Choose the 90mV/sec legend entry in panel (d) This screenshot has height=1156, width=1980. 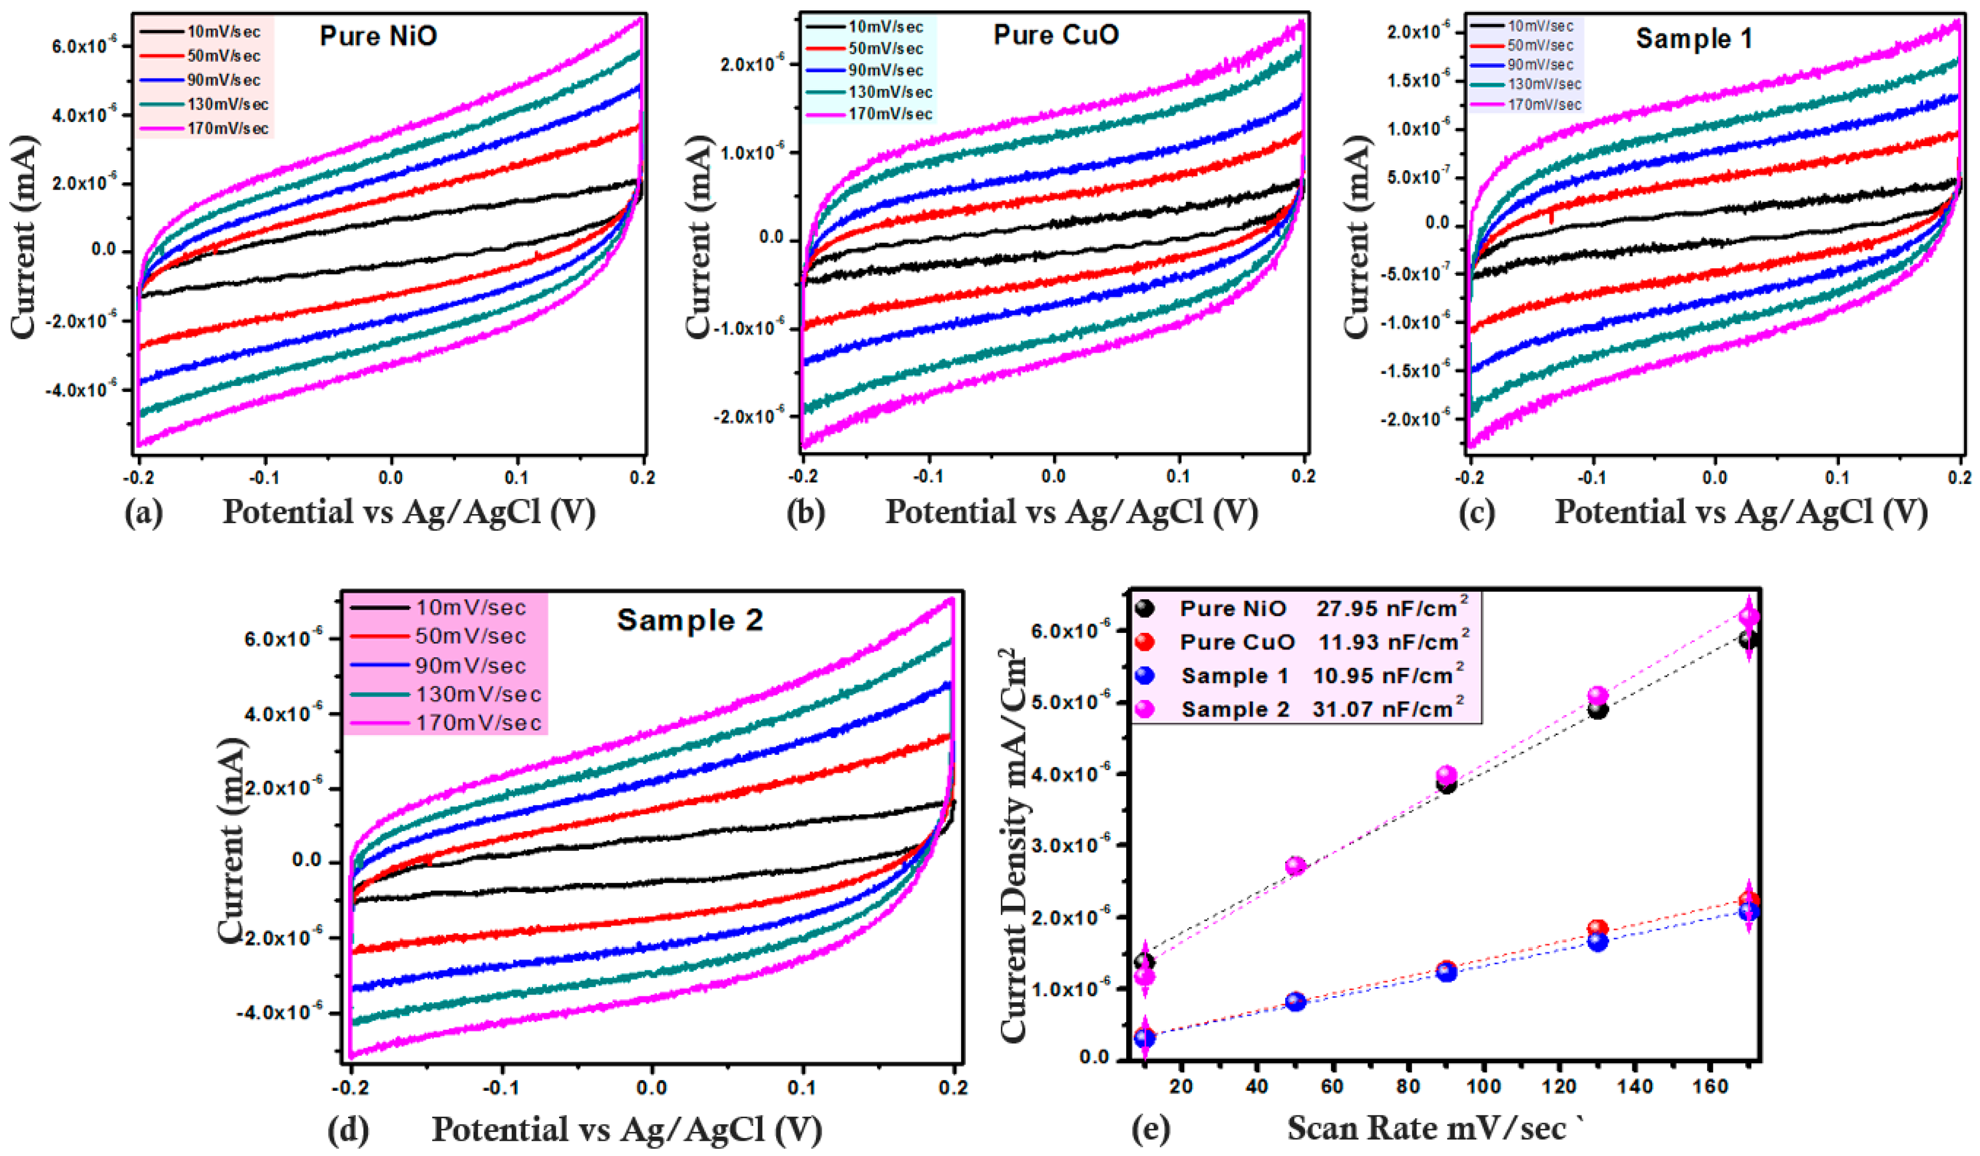[470, 666]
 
